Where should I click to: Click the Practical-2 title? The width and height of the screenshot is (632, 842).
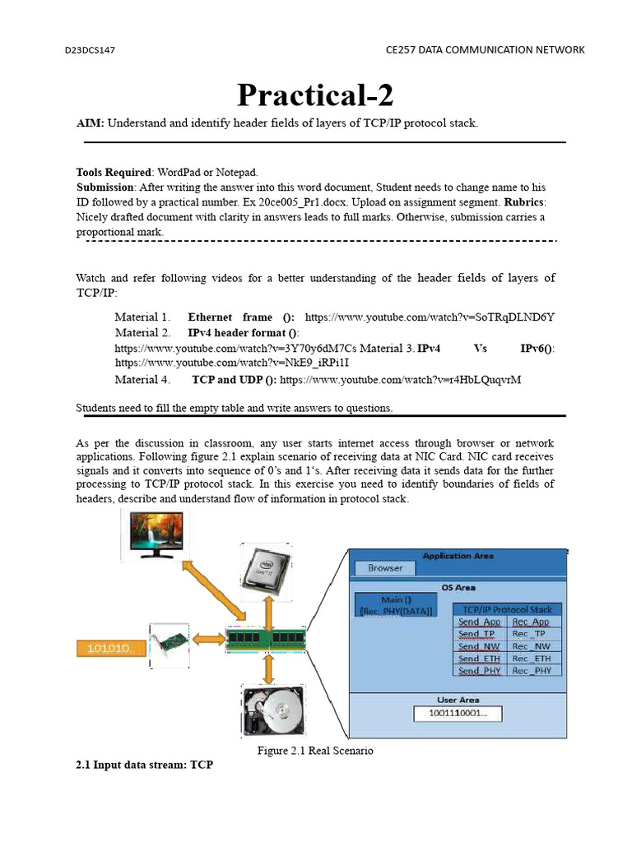click(315, 96)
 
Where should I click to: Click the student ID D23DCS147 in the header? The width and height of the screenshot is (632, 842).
click(90, 50)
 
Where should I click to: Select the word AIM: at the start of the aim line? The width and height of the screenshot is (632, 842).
click(90, 123)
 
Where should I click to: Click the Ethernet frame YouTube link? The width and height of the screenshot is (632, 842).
click(430, 317)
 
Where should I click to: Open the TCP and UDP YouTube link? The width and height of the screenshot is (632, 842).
click(401, 380)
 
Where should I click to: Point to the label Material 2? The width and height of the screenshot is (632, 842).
click(142, 333)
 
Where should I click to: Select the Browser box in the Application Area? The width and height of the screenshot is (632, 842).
click(385, 568)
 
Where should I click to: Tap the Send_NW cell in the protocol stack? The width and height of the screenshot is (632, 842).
click(480, 646)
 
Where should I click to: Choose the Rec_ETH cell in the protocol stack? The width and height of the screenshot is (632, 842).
click(532, 659)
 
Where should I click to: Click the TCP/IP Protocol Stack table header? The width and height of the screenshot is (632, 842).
click(507, 609)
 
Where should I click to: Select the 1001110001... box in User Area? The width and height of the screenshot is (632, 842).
click(458, 714)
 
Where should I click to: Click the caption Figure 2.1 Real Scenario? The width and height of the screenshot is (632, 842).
click(315, 751)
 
